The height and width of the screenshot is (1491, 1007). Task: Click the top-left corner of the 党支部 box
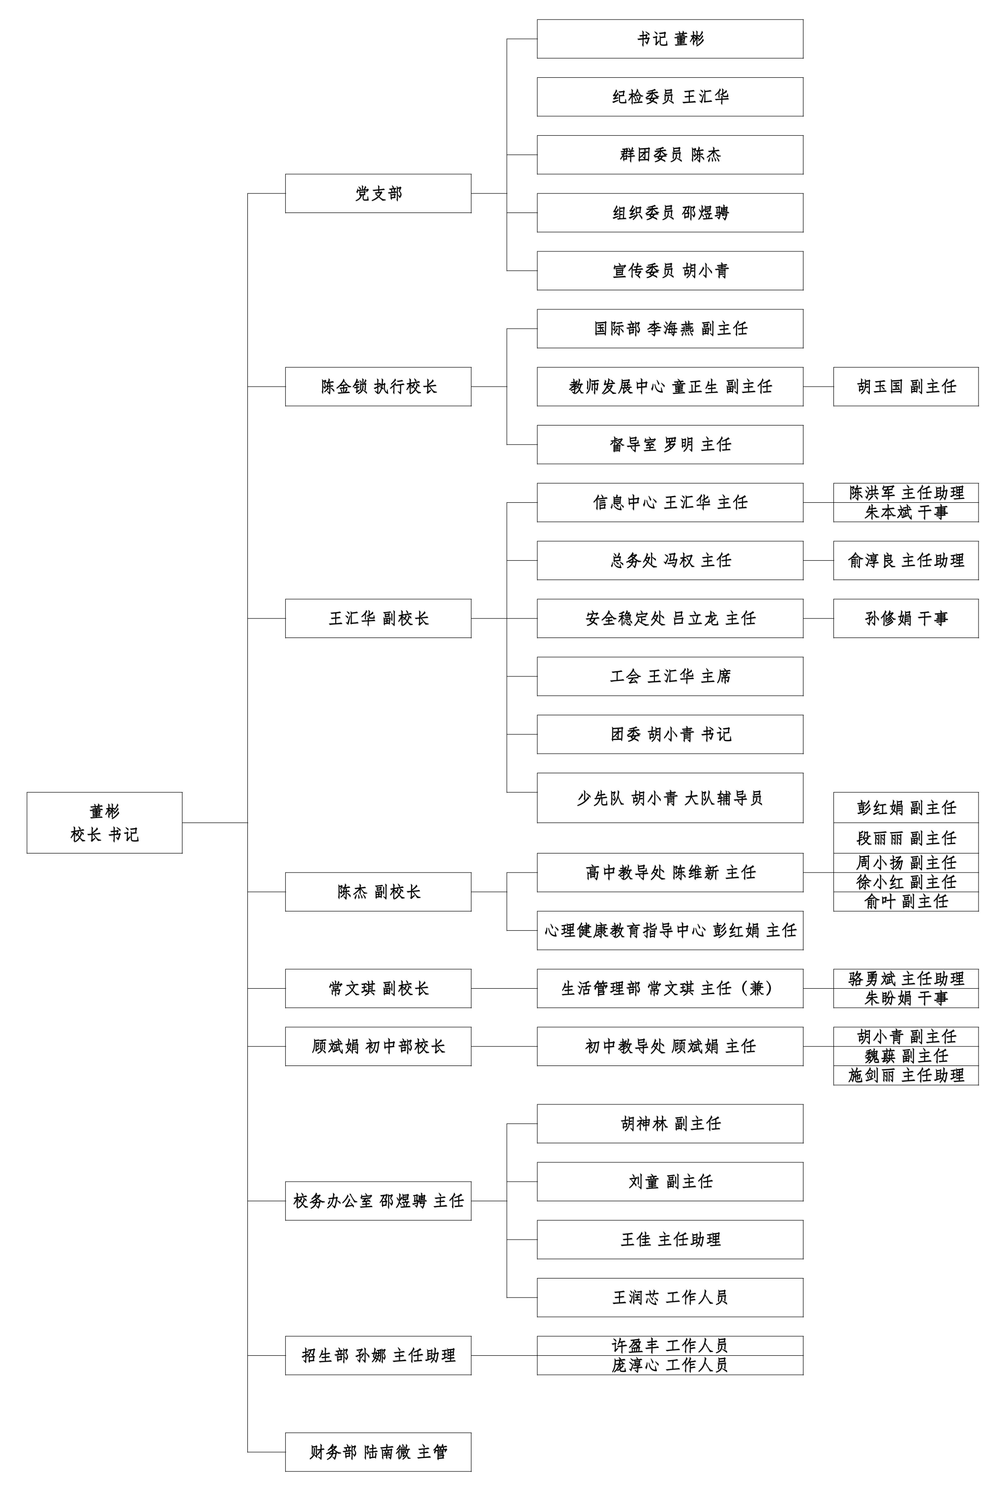(x=285, y=174)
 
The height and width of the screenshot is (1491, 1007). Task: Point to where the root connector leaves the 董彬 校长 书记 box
(x=182, y=822)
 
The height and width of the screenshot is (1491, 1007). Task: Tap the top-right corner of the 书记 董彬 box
(x=803, y=20)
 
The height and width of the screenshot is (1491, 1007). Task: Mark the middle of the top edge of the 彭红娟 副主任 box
(x=906, y=792)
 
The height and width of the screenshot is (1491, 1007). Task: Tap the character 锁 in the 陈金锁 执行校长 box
(x=360, y=387)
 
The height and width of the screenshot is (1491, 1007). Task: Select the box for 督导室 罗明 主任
(x=670, y=445)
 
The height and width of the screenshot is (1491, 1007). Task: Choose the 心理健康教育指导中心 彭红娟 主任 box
(x=670, y=930)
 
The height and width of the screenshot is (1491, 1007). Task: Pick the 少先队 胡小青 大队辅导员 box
(x=670, y=798)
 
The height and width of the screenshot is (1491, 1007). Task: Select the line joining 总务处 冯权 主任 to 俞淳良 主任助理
(x=818, y=561)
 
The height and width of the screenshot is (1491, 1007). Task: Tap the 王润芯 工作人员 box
(x=670, y=1297)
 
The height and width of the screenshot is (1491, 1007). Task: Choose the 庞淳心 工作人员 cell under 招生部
(x=670, y=1365)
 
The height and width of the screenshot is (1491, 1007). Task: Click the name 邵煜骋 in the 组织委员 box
(x=706, y=213)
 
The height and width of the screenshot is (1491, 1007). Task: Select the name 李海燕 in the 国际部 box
(x=670, y=329)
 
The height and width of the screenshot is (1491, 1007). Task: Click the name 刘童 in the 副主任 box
(x=643, y=1182)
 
